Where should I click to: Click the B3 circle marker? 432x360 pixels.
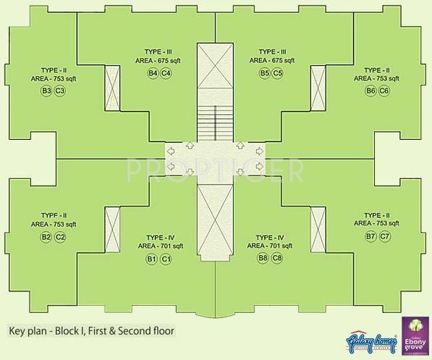coord(46,91)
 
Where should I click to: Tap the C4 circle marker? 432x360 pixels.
coord(166,73)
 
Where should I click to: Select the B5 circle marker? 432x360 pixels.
coord(264,73)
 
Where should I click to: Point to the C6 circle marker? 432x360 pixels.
coord(384,91)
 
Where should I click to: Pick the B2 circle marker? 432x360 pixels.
coord(46,237)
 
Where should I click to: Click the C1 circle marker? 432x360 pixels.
coord(166,259)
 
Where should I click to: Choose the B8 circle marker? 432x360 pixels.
coord(264,259)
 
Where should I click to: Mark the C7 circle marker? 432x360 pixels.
coord(384,237)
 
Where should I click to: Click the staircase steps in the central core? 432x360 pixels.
coord(215,120)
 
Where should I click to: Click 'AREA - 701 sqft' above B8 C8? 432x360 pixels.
coord(271,247)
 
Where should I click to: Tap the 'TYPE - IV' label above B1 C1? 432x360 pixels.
coord(158,237)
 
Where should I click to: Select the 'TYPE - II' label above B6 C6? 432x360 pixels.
coord(377,69)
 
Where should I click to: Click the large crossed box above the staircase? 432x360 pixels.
coord(215,68)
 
